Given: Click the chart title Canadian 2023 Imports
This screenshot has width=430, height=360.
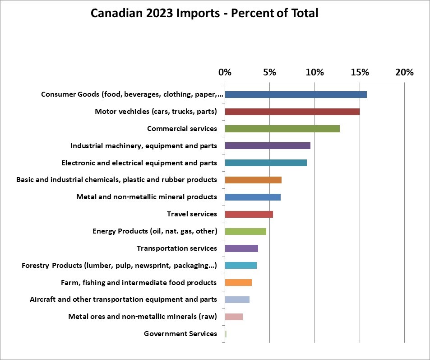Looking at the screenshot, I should (204, 13).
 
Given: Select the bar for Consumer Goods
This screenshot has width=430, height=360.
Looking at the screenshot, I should (296, 94).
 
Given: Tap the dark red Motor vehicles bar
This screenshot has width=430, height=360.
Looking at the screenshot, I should (292, 112).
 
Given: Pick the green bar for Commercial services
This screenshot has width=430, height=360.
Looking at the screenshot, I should (282, 129).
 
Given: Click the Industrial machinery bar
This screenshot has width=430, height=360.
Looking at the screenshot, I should (267, 146).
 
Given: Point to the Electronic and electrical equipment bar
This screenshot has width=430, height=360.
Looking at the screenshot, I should (265, 163).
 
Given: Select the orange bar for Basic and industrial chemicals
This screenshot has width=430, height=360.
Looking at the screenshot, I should (253, 180).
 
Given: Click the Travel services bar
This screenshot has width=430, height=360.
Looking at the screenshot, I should (249, 214).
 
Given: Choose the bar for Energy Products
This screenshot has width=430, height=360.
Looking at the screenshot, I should (245, 231).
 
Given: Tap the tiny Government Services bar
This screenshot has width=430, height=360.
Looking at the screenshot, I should (226, 334).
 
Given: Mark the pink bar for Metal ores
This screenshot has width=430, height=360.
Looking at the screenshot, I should (233, 317).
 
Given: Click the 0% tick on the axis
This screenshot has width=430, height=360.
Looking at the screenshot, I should (225, 72).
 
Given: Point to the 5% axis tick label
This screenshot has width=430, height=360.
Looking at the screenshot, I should (269, 72).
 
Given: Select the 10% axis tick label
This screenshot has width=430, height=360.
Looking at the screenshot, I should (314, 72).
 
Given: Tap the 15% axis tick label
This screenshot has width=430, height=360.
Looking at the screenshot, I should (360, 72).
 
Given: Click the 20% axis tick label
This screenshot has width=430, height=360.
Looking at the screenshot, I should (404, 72).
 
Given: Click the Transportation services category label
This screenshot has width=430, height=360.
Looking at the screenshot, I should (177, 248).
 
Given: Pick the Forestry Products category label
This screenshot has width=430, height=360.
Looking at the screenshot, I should (119, 266).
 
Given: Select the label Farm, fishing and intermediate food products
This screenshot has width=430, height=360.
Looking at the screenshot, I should (139, 283).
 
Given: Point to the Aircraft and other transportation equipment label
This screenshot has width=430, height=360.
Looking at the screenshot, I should (123, 299).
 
